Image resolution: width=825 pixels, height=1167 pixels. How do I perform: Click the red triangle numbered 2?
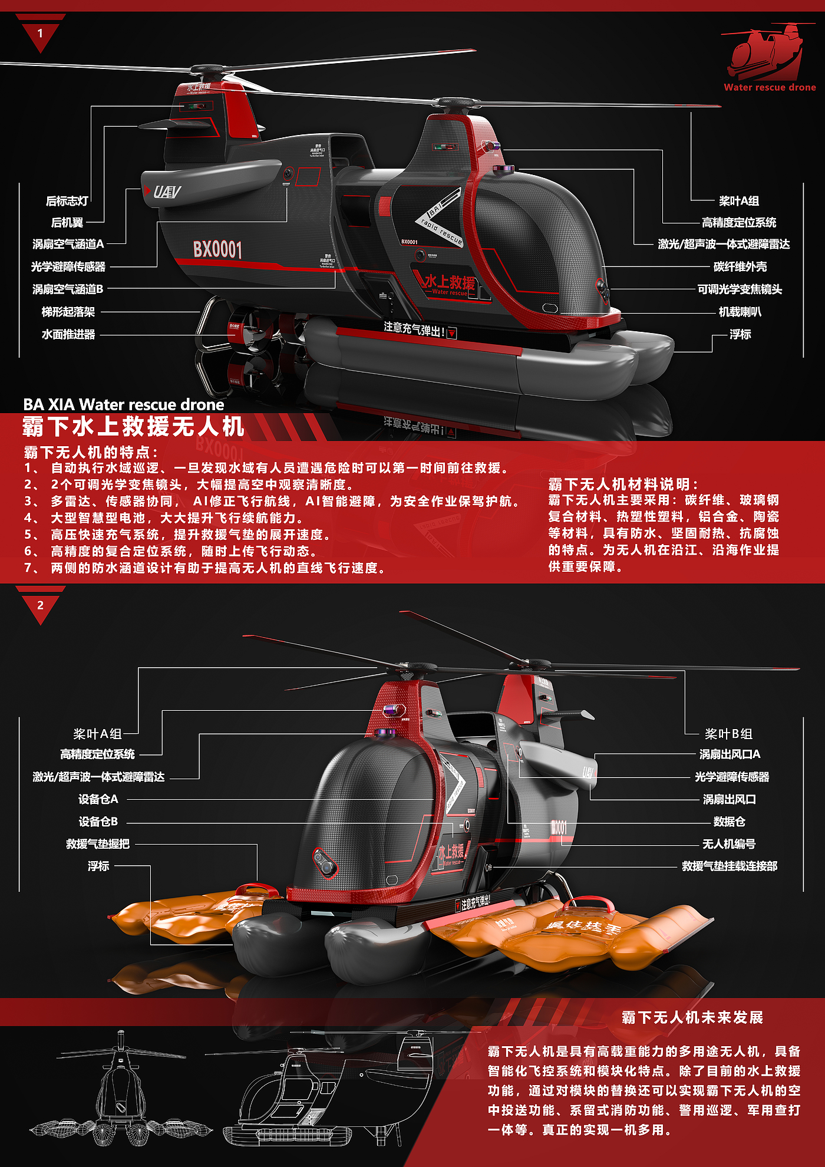[40, 606]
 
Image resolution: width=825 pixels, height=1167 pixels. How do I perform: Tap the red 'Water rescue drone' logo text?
[770, 87]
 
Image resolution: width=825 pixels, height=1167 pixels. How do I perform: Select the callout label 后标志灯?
[67, 201]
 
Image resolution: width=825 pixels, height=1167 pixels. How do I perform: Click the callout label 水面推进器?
[68, 334]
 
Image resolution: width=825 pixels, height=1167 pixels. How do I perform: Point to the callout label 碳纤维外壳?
[740, 266]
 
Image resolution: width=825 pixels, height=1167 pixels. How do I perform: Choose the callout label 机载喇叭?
[740, 312]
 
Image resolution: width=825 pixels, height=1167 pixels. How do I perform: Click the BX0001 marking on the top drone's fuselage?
[217, 249]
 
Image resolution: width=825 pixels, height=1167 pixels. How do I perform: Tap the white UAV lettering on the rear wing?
[167, 192]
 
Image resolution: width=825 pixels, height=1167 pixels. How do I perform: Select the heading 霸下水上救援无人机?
[133, 426]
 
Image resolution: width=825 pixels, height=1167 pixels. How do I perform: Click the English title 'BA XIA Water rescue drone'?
[124, 404]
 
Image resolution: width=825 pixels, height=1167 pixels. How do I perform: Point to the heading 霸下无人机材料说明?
[623, 484]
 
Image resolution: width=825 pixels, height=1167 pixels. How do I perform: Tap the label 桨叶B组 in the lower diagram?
[728, 734]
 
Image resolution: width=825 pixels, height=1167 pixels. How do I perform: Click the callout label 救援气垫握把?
[98, 844]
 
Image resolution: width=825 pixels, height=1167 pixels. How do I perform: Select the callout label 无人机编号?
[728, 844]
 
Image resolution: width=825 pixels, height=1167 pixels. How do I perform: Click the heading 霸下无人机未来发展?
[692, 1017]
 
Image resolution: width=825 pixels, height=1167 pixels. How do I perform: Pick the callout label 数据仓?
[729, 822]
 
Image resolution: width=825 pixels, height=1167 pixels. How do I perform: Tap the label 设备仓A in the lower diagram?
[98, 799]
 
